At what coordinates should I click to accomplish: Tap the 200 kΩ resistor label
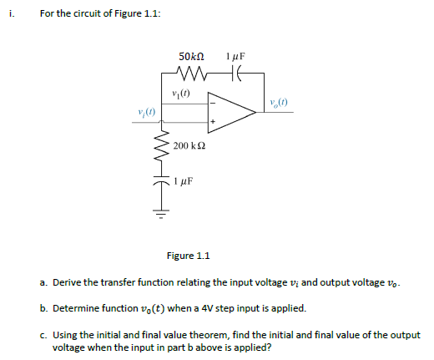tap(189, 145)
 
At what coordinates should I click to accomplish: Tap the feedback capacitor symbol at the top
tap(235, 74)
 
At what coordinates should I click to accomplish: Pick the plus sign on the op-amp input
tap(213, 121)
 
